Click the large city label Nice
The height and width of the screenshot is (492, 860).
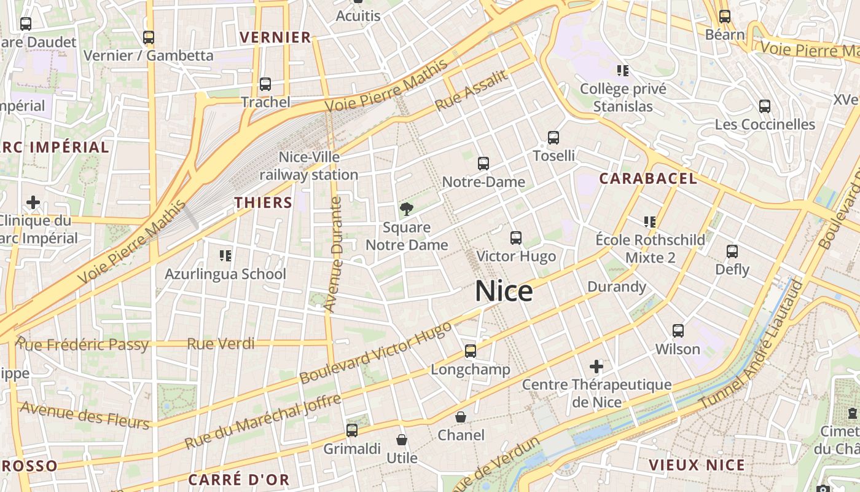[x=504, y=291]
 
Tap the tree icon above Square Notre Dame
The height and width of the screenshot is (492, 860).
[x=406, y=210]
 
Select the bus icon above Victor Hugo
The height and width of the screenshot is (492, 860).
[x=516, y=238]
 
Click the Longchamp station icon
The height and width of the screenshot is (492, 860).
[x=471, y=351]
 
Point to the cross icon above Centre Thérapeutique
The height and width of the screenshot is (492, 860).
[x=596, y=367]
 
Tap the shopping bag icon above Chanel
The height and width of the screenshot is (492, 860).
[x=461, y=417]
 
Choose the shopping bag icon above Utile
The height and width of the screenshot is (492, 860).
[x=402, y=440]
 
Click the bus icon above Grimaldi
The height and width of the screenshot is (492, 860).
[x=352, y=430]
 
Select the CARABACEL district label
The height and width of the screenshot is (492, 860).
[x=648, y=179]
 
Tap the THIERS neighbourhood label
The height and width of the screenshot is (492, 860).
[x=263, y=202]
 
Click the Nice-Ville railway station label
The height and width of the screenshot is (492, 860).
[x=309, y=166]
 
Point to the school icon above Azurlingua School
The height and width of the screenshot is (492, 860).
[x=225, y=255]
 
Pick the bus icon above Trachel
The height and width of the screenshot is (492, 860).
[x=265, y=84]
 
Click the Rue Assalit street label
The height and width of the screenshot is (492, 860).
[x=472, y=90]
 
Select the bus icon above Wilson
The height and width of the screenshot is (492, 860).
[x=678, y=331]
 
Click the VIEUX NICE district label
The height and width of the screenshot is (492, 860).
[x=697, y=464]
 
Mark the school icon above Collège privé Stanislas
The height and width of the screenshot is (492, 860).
[x=623, y=71]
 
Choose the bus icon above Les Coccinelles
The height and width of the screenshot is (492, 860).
[x=765, y=106]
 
